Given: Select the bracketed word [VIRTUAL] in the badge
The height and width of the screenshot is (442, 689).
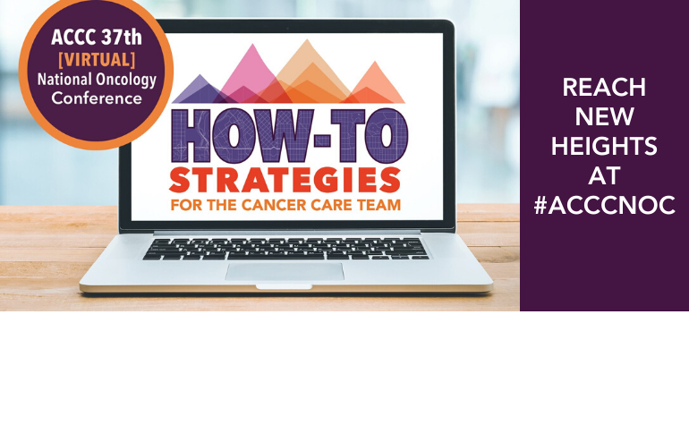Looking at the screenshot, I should point(96,59).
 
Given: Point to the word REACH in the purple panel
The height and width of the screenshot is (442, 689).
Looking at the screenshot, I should point(604,88).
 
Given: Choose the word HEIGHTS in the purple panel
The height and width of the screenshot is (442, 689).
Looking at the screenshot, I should point(604,147).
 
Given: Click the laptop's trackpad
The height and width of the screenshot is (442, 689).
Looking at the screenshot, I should point(284,271).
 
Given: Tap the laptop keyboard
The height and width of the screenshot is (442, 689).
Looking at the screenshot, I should point(285,248).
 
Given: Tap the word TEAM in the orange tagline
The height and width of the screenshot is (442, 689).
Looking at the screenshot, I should point(375,205).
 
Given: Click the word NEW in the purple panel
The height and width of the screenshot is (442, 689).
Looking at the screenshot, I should point(604,117).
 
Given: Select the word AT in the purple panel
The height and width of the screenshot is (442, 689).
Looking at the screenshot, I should point(604,176).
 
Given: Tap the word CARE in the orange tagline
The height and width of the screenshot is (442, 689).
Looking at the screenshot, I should point(331,205).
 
